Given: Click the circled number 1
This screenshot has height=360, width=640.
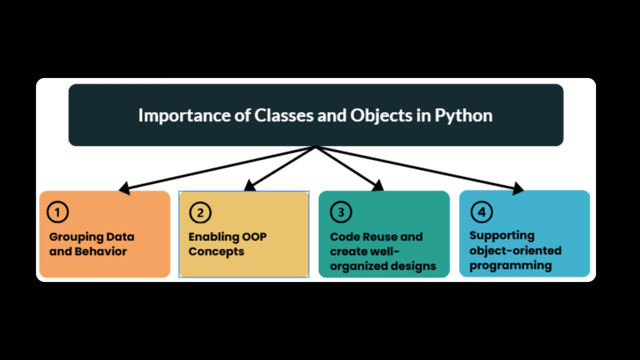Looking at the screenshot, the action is [x=58, y=212].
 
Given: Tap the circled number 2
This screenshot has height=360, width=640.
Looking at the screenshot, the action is [x=200, y=212].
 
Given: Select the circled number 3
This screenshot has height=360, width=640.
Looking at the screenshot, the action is [x=341, y=212].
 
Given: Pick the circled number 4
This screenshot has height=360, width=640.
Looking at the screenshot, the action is [x=482, y=212].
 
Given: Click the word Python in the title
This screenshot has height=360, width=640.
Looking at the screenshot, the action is [x=464, y=116].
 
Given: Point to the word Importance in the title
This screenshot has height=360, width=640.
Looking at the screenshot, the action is [x=184, y=116].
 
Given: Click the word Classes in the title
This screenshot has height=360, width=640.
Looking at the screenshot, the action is [x=284, y=116].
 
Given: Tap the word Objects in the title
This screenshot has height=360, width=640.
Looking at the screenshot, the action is [x=381, y=116].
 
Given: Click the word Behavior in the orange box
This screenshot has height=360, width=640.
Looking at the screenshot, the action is [x=100, y=252].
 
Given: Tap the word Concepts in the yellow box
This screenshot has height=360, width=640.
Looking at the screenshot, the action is [x=216, y=252].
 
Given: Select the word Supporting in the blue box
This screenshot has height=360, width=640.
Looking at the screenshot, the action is [x=502, y=236].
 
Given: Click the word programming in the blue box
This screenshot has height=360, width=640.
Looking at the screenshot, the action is [x=511, y=266].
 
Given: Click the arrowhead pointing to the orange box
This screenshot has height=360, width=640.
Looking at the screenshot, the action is [x=125, y=188].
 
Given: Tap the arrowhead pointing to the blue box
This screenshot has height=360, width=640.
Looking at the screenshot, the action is [x=518, y=188].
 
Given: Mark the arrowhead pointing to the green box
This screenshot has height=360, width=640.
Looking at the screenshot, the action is [x=378, y=185].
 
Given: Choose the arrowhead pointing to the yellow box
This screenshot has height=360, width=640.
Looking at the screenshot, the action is [x=250, y=185].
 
